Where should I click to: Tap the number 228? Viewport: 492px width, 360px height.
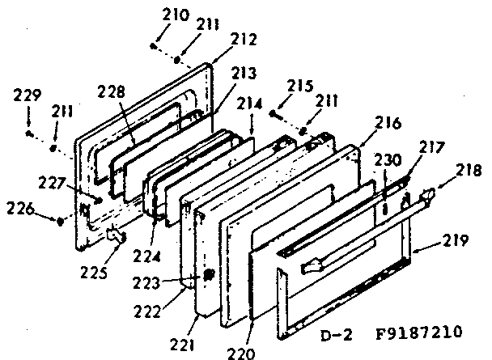coord(112,92)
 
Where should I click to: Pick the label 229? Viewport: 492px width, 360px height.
coord(27,96)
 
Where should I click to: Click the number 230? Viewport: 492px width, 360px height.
coord(387,161)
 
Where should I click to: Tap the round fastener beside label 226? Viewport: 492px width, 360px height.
coord(60,218)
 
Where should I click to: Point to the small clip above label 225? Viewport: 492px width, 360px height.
coord(115,235)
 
